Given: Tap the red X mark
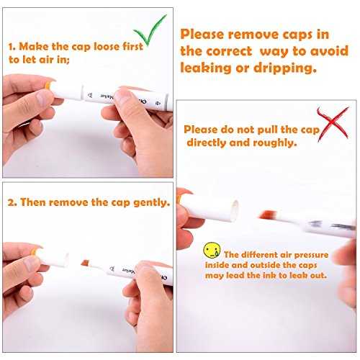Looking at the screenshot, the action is tap(333, 124).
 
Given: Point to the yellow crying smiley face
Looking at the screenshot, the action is tap(212, 250).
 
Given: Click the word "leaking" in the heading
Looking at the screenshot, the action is tap(206, 68).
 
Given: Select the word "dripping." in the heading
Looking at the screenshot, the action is tap(285, 68).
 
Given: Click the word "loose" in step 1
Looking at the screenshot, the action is tap(107, 46).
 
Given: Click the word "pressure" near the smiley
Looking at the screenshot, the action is tap(311, 255).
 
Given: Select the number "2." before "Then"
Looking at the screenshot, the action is tap(12, 202).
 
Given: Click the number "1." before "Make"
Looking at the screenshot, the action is tap(12, 47).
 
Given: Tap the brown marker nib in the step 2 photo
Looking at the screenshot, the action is tap(86, 263).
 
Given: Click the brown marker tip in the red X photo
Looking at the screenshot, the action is tap(267, 214).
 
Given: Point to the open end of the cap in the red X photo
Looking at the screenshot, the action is tap(235, 210).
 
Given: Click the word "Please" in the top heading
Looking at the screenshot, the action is tap(202, 35).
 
